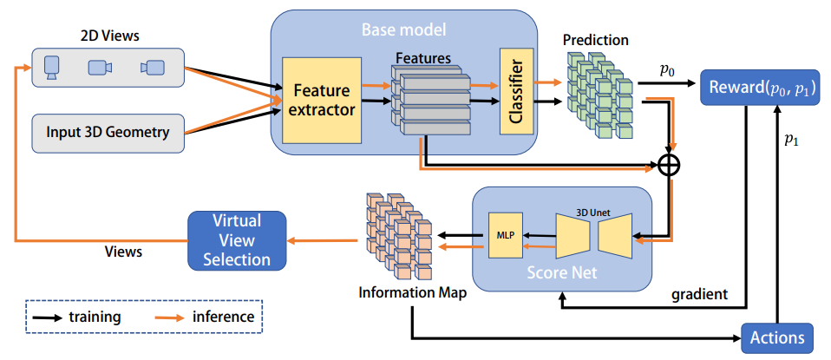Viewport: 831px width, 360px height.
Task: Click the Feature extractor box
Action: (321, 101)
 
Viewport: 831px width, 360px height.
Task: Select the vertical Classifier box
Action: (514, 91)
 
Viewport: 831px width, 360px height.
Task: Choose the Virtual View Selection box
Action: (236, 240)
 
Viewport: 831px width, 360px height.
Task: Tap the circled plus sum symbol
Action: (668, 165)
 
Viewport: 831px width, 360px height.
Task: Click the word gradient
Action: (699, 294)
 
